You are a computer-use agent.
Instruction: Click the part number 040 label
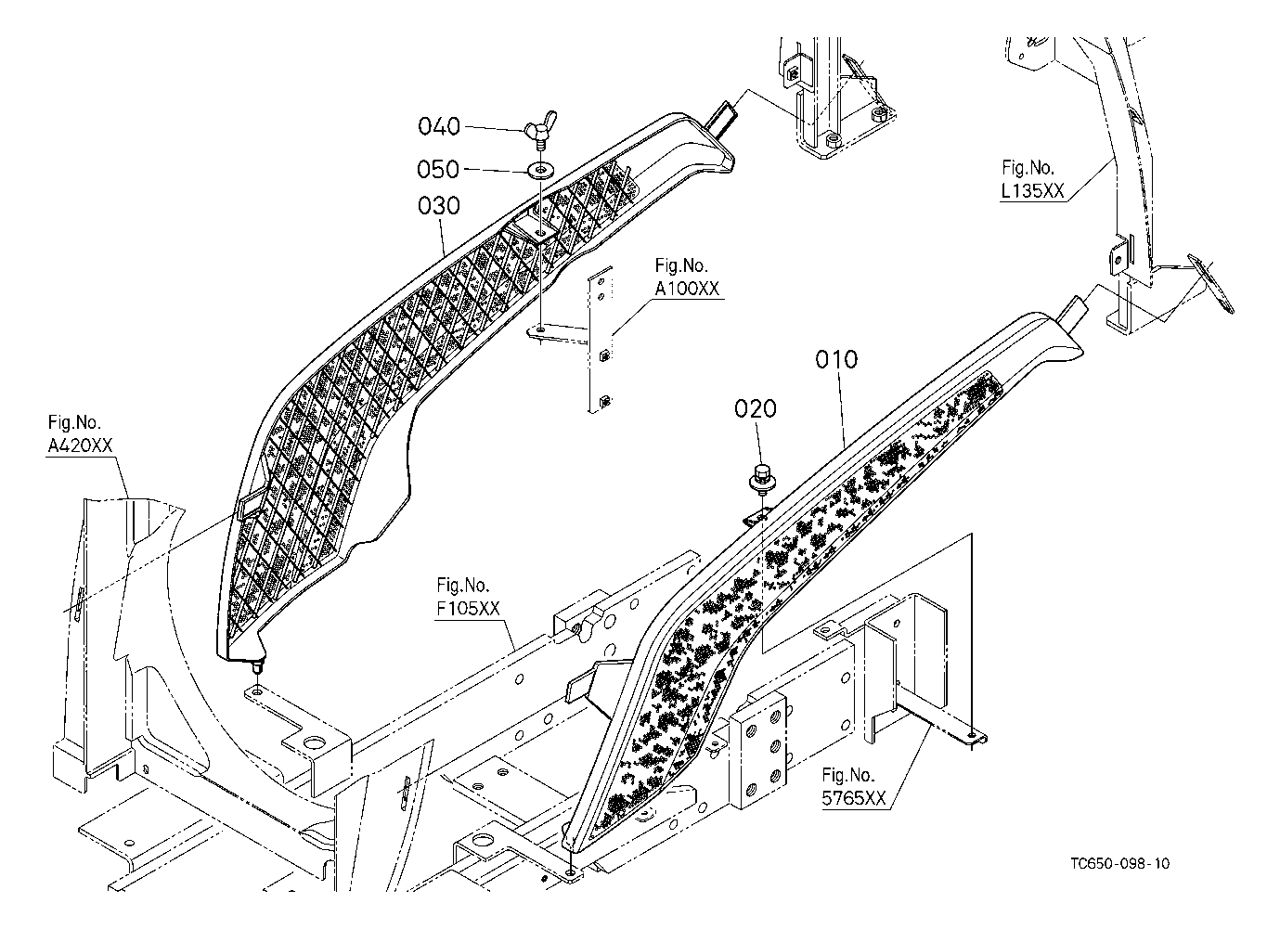coord(439,126)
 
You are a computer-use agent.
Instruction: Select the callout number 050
coord(438,170)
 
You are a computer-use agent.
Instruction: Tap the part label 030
coord(439,206)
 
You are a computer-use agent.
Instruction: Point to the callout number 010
coord(836,359)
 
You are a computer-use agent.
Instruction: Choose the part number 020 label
coord(756,408)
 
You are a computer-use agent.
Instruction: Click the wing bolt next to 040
coord(539,130)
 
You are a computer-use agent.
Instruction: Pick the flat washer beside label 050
coord(539,170)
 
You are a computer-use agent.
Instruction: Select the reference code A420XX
coord(80,445)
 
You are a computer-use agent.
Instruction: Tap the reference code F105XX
coord(468,609)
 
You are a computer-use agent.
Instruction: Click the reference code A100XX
coord(687,289)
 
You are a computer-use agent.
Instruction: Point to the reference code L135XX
coord(1032,191)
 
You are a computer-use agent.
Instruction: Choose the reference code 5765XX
coord(854,798)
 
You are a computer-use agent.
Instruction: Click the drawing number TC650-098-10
coord(1120,863)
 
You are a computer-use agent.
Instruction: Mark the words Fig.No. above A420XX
coord(74,422)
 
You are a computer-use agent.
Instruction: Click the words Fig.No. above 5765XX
coord(848,775)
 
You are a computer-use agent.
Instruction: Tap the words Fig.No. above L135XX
coord(1028,167)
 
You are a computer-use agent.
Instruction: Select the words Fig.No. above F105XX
coord(463,585)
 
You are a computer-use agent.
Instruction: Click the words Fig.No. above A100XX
coord(681,265)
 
